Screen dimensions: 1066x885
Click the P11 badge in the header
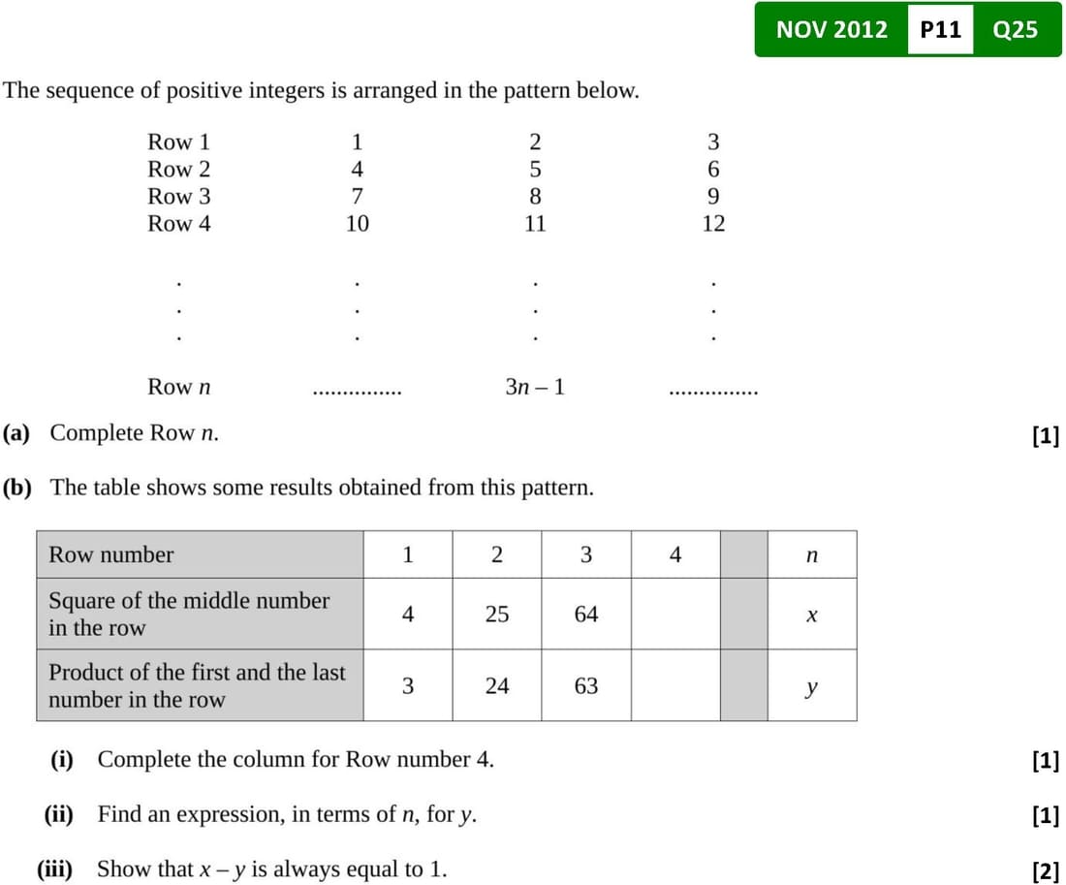(940, 29)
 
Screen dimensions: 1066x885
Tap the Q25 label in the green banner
(1015, 29)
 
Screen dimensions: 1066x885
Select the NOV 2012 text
(831, 29)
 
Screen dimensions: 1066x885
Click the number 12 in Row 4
(713, 223)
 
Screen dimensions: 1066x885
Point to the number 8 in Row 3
(535, 196)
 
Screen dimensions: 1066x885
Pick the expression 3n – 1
(535, 387)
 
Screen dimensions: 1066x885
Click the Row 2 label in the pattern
(179, 169)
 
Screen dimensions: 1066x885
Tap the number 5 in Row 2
(535, 169)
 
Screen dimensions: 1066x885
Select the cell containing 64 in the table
(586, 614)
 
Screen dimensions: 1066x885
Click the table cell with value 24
(497, 685)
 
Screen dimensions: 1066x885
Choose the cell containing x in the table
(812, 614)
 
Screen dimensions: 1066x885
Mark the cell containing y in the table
(812, 685)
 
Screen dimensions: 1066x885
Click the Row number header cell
(200, 554)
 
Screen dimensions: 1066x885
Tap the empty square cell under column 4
(675, 614)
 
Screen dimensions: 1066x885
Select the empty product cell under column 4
(675, 685)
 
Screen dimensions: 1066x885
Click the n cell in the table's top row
(812, 554)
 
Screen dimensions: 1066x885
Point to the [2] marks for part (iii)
(1046, 870)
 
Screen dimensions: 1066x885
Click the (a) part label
(16, 432)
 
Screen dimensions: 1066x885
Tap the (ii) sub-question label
(58, 813)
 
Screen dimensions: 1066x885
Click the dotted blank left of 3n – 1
(357, 392)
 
